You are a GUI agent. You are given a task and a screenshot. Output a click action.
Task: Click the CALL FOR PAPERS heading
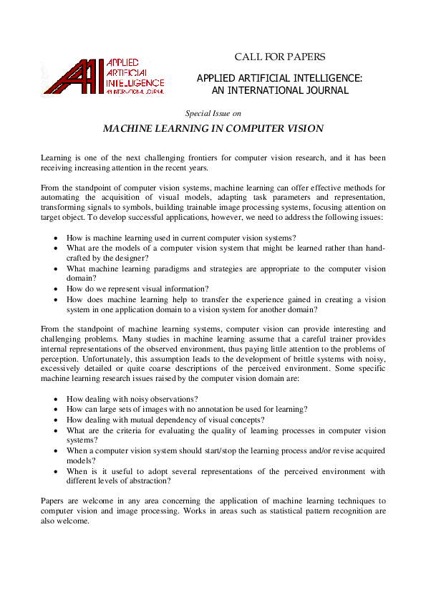280,57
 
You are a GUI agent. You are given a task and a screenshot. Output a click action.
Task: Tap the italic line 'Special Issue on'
213,113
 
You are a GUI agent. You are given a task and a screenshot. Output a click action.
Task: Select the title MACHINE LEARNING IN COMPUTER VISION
213,129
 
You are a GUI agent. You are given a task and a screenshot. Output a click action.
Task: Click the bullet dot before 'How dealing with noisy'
57,399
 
